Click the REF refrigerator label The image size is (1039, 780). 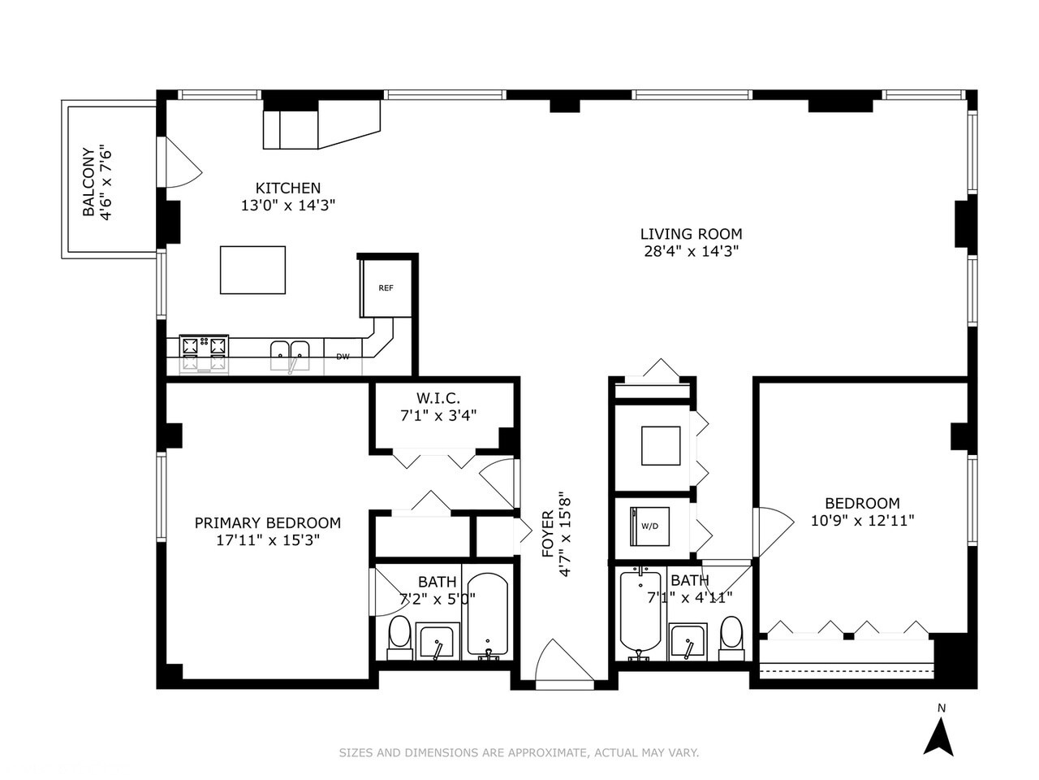coord(386,288)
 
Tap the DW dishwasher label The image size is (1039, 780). coord(343,357)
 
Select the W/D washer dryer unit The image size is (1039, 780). coord(649,526)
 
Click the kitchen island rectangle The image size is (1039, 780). coord(252,270)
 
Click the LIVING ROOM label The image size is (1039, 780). coord(691,235)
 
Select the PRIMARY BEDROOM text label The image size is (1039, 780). coord(267,523)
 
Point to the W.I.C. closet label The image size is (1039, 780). coord(438,398)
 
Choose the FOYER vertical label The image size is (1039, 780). coord(548,534)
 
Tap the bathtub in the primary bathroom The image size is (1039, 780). coord(487,617)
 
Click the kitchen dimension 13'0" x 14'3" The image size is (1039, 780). coord(288,206)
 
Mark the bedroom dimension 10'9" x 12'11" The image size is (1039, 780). coord(862,521)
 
